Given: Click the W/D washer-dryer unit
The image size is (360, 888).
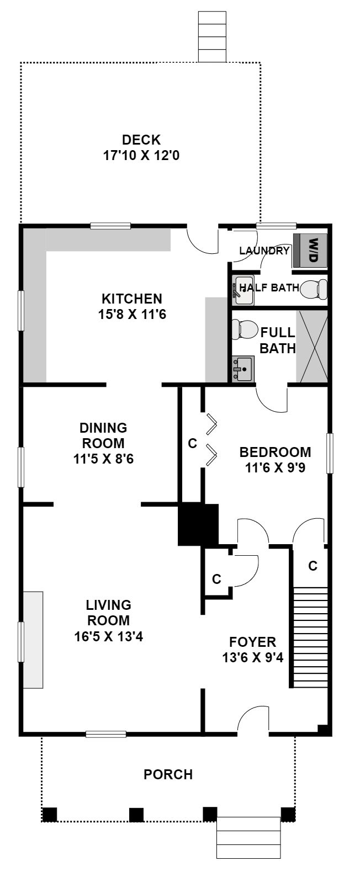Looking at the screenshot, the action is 310,251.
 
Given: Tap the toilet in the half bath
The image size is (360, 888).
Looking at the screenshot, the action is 314,289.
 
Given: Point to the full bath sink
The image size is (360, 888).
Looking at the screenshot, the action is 242,369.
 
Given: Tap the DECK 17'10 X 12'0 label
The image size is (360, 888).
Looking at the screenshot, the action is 141,147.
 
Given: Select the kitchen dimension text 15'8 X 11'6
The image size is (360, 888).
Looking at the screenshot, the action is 132,315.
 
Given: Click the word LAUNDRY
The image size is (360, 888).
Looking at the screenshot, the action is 264,251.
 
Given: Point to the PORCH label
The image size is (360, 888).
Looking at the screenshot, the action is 168,774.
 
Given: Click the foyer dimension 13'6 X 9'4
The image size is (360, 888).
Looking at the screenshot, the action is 253,658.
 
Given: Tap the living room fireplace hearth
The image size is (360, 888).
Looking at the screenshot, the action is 33,640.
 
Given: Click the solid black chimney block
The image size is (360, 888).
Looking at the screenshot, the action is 198,524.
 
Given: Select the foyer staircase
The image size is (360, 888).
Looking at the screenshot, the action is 310,637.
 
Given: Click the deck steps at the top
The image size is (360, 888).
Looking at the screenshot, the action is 212,36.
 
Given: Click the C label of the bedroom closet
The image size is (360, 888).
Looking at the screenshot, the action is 193,443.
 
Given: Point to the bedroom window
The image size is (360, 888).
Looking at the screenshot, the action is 330,454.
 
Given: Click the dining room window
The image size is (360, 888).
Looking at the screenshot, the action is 21,467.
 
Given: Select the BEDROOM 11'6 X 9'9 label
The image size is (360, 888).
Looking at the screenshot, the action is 275,460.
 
